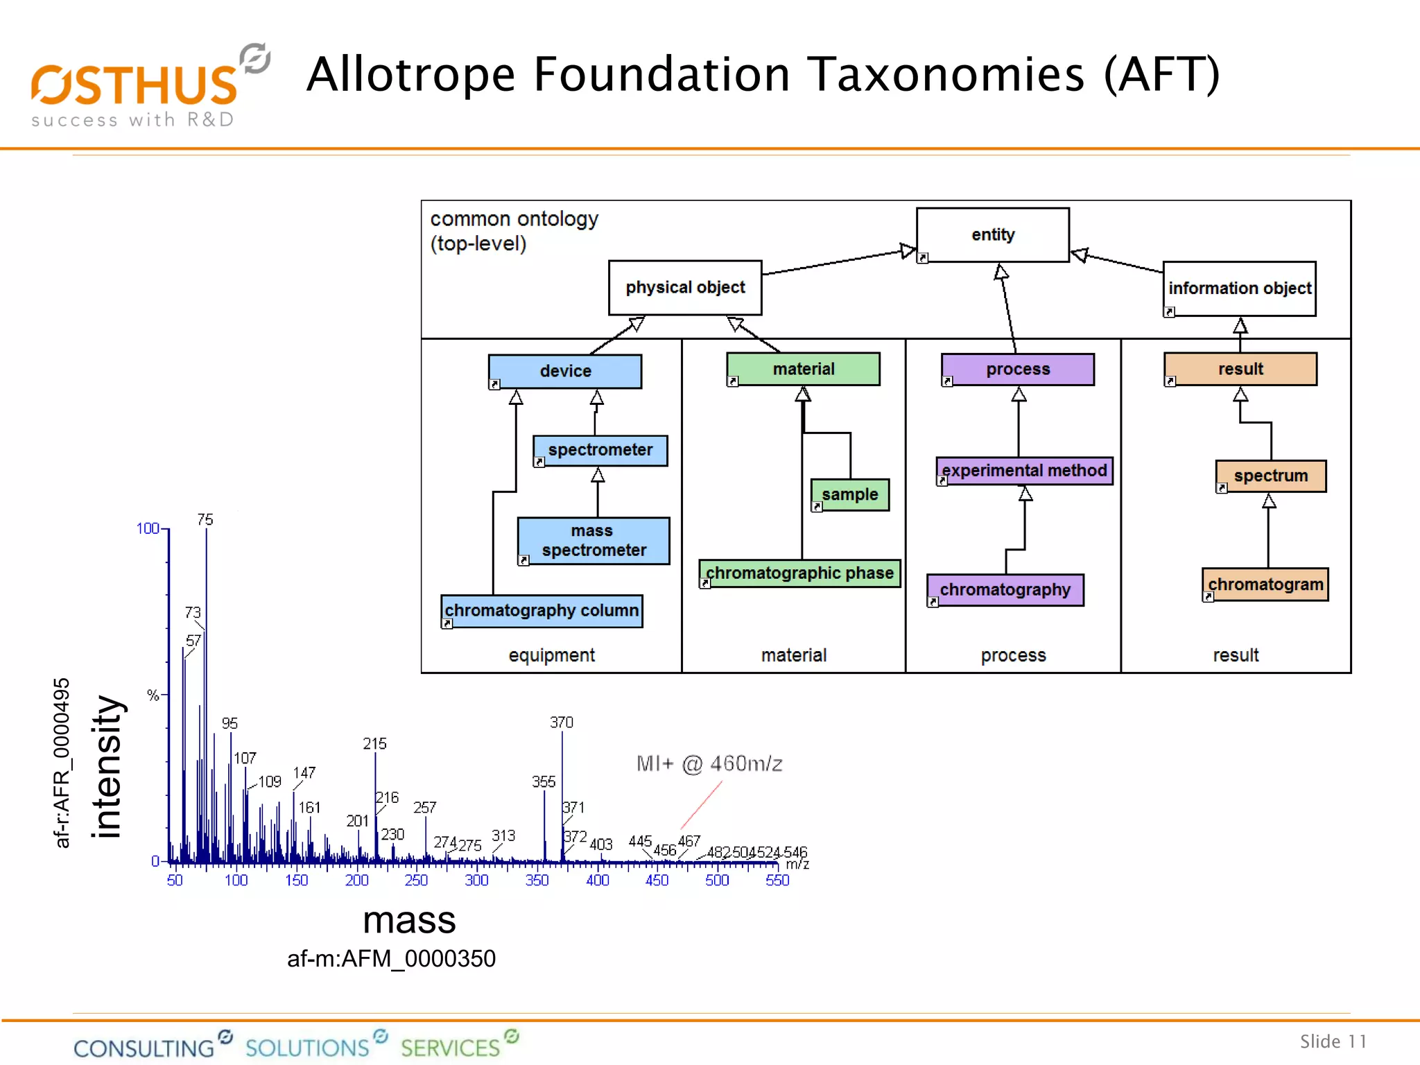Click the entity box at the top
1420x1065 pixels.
click(992, 235)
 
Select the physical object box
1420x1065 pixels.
click(685, 288)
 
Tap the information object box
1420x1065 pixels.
click(1239, 288)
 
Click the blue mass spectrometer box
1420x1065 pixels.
click(594, 541)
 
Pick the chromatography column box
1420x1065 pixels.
click(542, 611)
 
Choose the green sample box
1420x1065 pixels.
click(850, 494)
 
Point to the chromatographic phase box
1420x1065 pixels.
click(799, 573)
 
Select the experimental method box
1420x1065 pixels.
click(1024, 471)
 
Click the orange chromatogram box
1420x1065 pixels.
click(1265, 585)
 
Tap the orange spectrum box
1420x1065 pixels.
click(1270, 476)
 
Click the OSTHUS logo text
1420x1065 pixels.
click(135, 86)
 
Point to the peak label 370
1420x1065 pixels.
click(562, 722)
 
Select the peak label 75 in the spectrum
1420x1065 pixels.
click(205, 520)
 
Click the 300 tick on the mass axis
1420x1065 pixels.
click(476, 881)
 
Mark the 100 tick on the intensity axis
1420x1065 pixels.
click(148, 529)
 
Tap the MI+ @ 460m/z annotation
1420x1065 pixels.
click(709, 764)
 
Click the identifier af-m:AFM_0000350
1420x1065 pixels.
click(391, 959)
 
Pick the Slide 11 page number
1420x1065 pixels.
click(1333, 1041)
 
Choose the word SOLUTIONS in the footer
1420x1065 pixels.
click(307, 1048)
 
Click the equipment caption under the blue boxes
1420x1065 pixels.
click(551, 655)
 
